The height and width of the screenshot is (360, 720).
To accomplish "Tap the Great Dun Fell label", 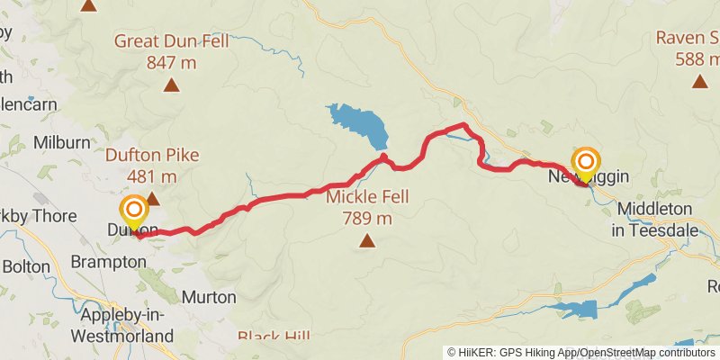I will (x=171, y=40).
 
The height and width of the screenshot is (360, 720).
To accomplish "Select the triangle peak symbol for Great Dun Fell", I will (x=171, y=86).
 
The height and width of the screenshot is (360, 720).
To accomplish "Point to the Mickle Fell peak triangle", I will (x=366, y=239).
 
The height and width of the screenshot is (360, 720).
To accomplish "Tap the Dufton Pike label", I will (x=152, y=155).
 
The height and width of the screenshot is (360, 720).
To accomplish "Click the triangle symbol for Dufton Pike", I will (x=152, y=198).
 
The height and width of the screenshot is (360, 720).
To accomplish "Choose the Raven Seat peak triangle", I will (x=699, y=82).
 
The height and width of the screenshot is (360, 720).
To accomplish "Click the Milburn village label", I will (x=61, y=142).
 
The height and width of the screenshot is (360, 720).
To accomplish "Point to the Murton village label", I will (x=209, y=296).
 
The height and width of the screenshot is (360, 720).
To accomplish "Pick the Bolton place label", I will (x=26, y=266).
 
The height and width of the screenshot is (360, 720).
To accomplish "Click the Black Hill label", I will (x=274, y=337).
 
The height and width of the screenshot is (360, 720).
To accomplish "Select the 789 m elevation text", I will (x=367, y=218).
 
